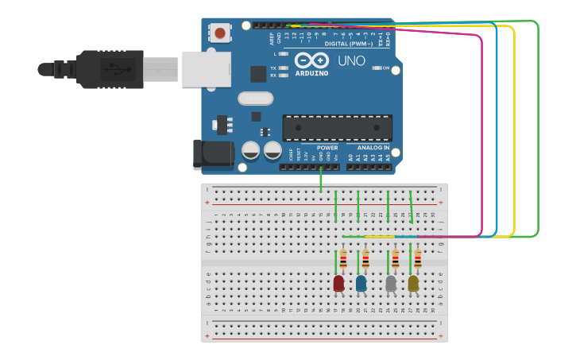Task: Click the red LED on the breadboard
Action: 338,283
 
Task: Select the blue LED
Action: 361,283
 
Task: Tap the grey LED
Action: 391,283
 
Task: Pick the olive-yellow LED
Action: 413,283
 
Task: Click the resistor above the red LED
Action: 343,259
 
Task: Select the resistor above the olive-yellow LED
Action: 418,259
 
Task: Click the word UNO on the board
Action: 351,61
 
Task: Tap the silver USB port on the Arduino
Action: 206,69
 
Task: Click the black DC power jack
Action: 212,154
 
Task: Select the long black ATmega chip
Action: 337,128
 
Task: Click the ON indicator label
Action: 386,68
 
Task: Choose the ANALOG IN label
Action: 373,148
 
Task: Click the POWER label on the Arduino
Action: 327,148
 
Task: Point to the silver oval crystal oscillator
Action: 254,99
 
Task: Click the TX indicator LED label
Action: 273,68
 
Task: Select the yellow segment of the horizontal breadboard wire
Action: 380,237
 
